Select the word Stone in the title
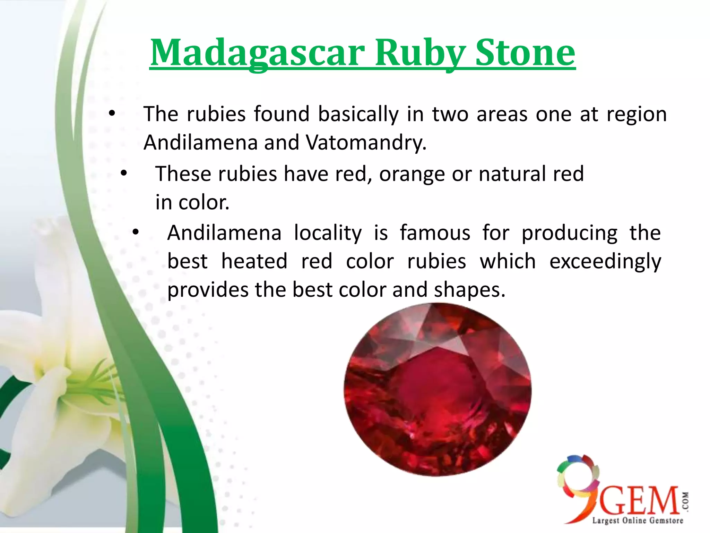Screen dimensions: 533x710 (525, 53)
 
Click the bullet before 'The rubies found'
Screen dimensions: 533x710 (111, 114)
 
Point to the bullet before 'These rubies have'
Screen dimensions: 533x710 (124, 173)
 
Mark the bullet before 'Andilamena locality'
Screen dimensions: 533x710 (136, 232)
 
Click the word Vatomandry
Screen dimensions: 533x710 (365, 142)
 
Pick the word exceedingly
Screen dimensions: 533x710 (605, 261)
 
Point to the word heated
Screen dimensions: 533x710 (254, 261)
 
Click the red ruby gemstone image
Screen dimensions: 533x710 (437, 389)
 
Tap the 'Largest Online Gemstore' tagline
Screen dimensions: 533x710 (637, 521)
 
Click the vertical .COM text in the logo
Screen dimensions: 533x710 (685, 501)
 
